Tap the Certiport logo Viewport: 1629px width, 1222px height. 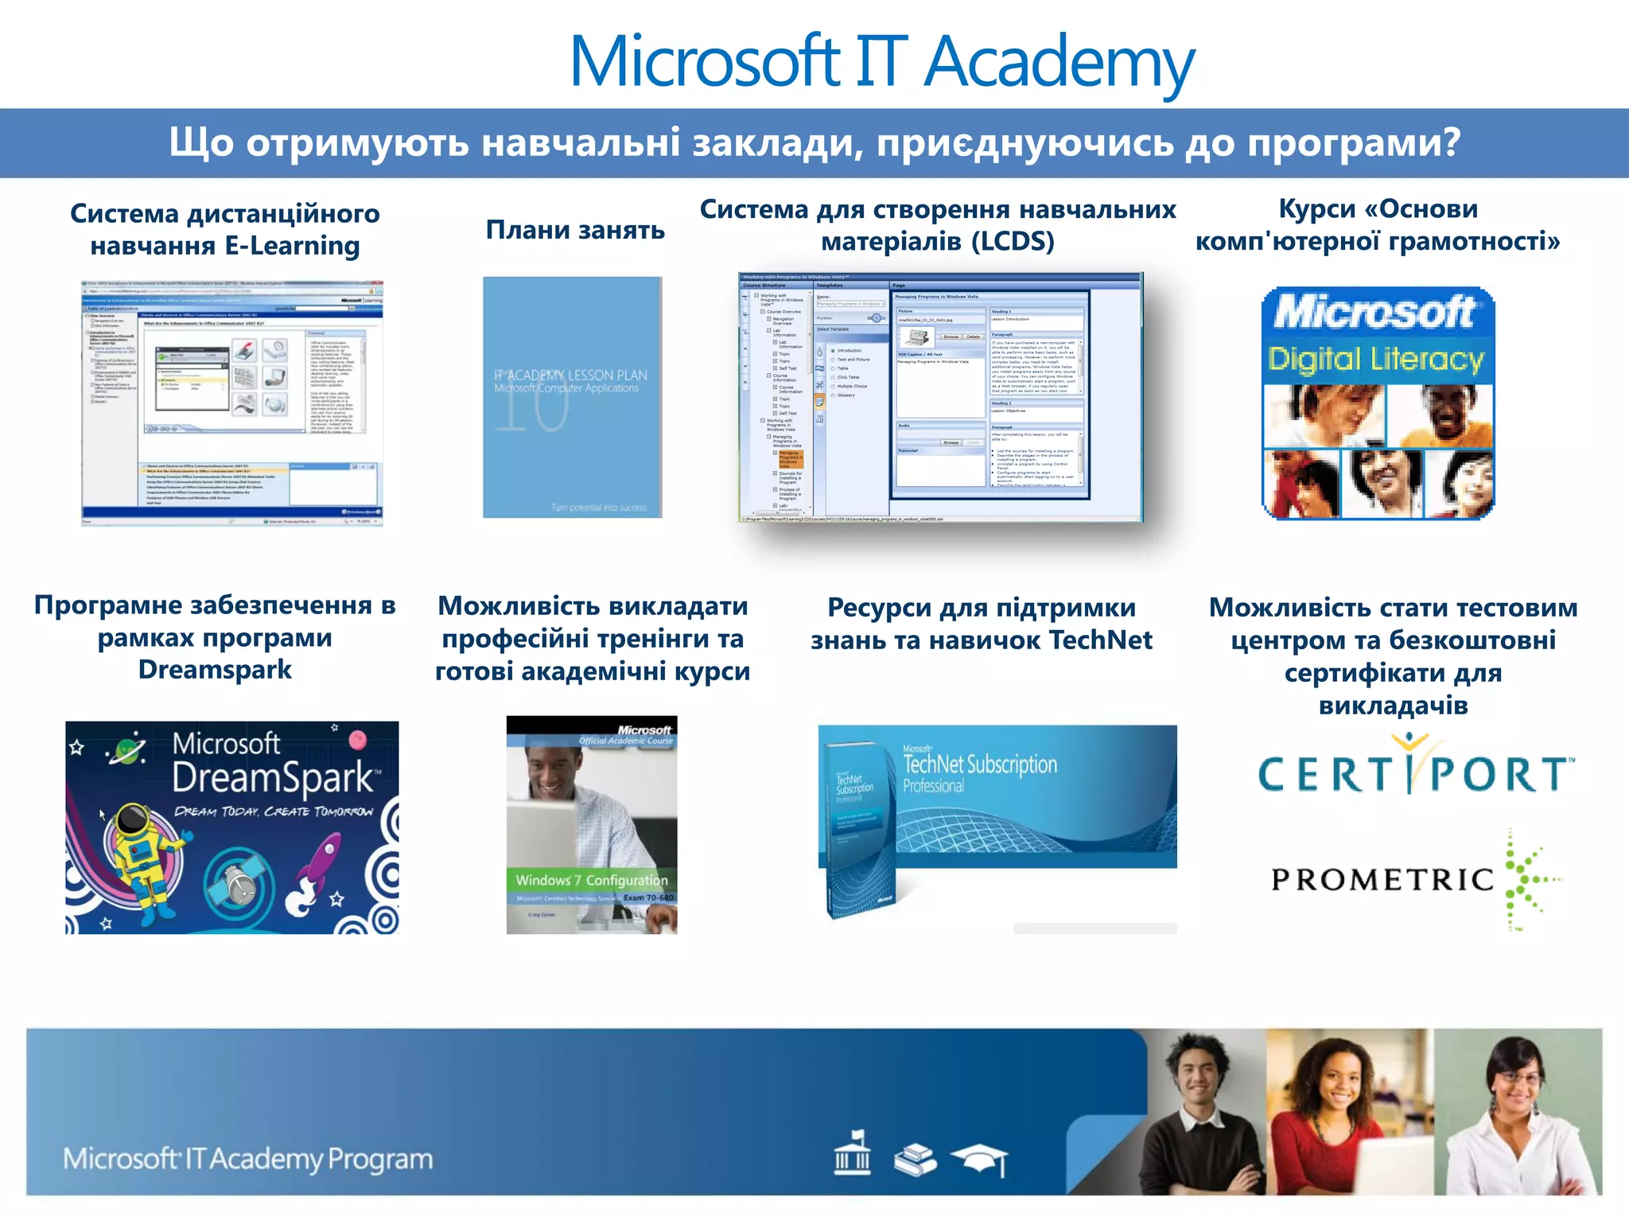pyautogui.click(x=1414, y=772)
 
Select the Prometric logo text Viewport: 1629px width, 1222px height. pyautogui.click(x=1382, y=880)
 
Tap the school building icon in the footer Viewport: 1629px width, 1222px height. pyautogui.click(x=852, y=1154)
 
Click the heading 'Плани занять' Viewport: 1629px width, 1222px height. pyautogui.click(x=575, y=230)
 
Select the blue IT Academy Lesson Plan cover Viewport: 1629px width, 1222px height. pyautogui.click(x=572, y=398)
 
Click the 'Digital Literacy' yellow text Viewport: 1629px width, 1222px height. pyautogui.click(x=1376, y=359)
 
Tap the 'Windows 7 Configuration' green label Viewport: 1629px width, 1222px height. pyautogui.click(x=591, y=880)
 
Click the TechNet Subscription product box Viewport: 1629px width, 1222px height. pyautogui.click(x=859, y=827)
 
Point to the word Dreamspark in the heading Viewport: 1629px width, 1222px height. pyautogui.click(x=215, y=670)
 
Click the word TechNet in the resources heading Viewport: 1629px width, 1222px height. pyautogui.click(x=1101, y=640)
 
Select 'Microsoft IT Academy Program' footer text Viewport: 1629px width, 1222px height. pyautogui.click(x=248, y=1159)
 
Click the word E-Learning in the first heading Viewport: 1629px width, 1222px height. pyautogui.click(x=292, y=246)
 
